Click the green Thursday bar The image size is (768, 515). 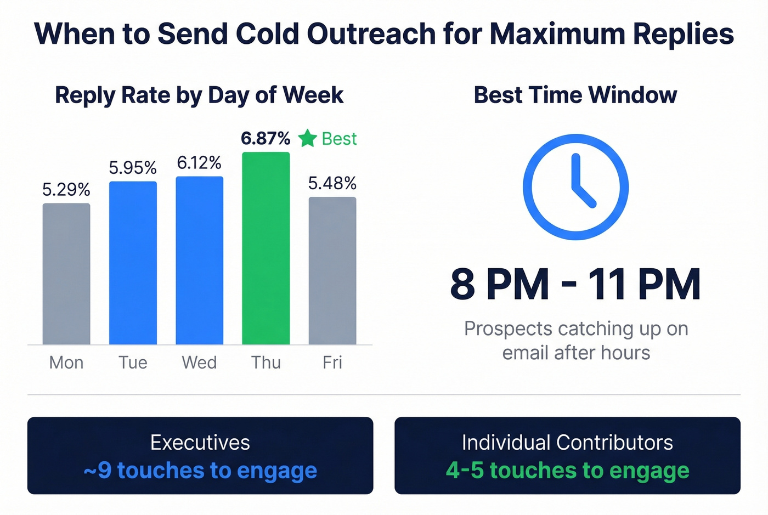(266, 248)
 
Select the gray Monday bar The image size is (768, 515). (66, 274)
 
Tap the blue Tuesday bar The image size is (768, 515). (133, 263)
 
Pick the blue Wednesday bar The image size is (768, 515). (199, 260)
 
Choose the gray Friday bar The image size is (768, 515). (332, 270)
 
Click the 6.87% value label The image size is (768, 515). (266, 138)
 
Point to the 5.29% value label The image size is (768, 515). (66, 190)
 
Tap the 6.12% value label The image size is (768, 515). (199, 163)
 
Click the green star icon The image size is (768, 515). (308, 138)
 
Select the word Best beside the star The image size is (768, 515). (339, 139)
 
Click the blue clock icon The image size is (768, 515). (575, 187)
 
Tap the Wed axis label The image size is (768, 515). (199, 363)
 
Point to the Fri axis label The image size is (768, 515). (332, 363)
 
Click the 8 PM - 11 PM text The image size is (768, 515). (575, 284)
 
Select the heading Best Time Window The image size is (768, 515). (575, 95)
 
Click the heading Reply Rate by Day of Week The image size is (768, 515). (199, 95)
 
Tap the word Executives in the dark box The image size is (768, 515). (200, 443)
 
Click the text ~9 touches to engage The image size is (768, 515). (200, 471)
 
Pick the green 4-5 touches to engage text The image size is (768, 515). (567, 471)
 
